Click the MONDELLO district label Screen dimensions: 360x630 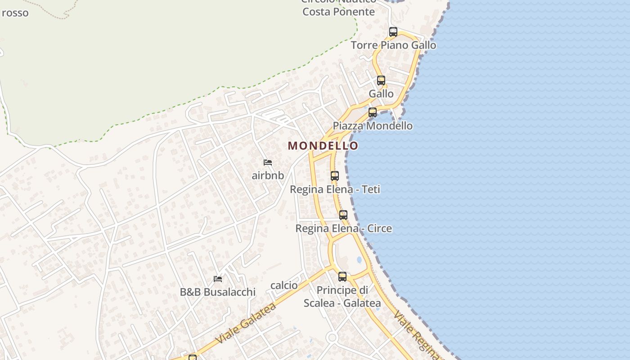tap(323, 146)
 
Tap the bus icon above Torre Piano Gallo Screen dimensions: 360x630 tap(393, 32)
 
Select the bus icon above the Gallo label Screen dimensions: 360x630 tap(381, 81)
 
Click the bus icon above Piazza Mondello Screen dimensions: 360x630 tap(373, 112)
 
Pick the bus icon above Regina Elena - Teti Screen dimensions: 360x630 tap(335, 176)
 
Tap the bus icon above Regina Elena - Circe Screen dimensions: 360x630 tap(343, 215)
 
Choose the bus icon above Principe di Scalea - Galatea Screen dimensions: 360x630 tap(342, 277)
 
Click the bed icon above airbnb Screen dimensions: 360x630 tap(268, 162)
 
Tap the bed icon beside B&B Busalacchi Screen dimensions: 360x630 tap(218, 279)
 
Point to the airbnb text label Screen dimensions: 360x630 tap(268, 175)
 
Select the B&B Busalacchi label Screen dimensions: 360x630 tap(218, 292)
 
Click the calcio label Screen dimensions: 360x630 tap(284, 285)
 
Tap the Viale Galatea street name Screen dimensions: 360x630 tap(246, 324)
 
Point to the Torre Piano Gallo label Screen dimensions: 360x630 tap(393, 45)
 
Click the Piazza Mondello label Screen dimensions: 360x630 tap(373, 126)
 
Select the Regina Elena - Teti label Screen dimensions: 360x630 tap(335, 189)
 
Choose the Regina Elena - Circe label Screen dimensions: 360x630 tap(343, 229)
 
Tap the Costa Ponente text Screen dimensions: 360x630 tap(338, 12)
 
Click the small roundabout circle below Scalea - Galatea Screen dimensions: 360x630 tap(332, 337)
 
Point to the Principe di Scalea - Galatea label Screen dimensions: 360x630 tap(342, 297)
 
